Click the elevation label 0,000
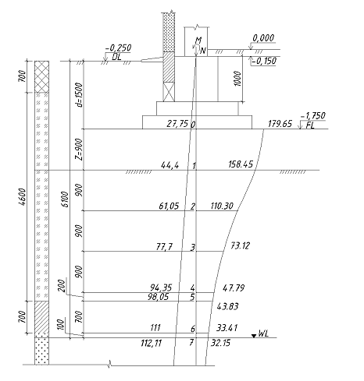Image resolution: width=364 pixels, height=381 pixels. click(x=263, y=38)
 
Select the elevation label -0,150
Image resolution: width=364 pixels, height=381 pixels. click(x=265, y=61)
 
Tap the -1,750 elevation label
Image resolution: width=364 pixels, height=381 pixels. click(x=313, y=115)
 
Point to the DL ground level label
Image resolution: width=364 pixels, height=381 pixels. click(x=116, y=57)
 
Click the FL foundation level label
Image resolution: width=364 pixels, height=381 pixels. click(x=310, y=125)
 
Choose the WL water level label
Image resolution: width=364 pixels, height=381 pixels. click(x=263, y=333)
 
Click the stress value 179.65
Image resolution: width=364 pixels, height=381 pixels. click(x=280, y=124)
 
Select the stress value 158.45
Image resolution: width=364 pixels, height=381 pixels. click(x=241, y=164)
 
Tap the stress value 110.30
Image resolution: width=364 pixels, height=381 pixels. click(x=222, y=206)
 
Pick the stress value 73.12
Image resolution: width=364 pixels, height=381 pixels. click(x=240, y=245)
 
